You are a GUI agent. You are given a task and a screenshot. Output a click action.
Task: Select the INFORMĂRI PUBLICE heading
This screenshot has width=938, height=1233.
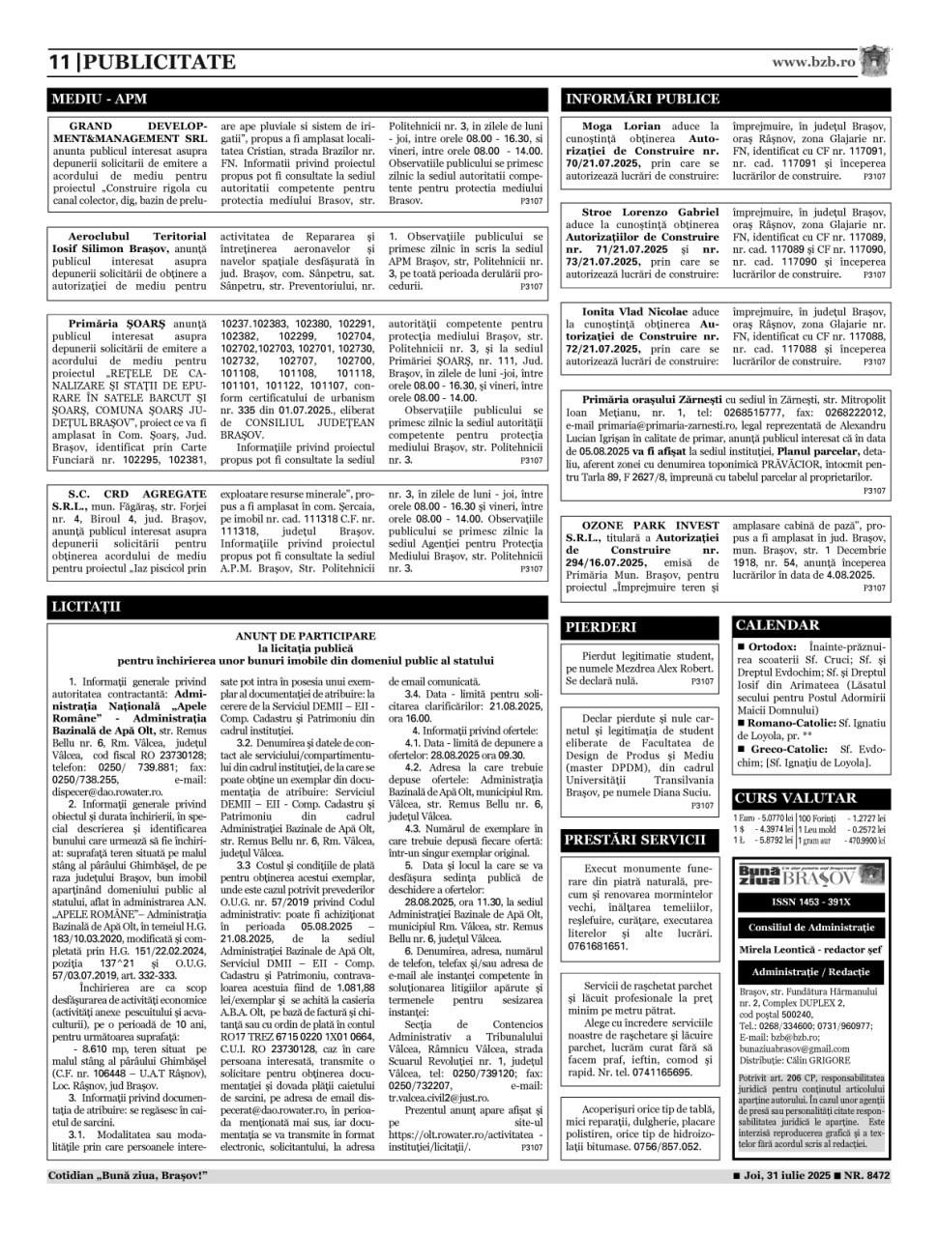[642, 99]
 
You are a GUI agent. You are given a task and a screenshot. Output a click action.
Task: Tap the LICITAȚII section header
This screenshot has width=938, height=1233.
[85, 608]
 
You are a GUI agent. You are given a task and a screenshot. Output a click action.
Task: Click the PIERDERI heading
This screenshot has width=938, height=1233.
[601, 627]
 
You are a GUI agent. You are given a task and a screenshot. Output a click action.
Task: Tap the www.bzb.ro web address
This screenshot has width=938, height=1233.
[813, 62]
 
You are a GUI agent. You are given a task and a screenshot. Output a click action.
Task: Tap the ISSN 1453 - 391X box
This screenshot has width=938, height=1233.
[810, 902]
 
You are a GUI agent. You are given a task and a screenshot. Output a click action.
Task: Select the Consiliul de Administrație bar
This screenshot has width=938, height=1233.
[810, 927]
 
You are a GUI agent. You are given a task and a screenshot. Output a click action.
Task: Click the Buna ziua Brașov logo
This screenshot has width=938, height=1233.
[810, 876]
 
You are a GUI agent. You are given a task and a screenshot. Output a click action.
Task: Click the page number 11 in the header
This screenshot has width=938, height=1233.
[59, 63]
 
